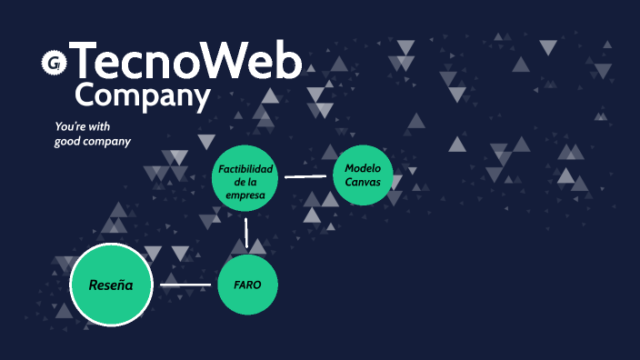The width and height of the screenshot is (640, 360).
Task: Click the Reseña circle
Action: point(111,285)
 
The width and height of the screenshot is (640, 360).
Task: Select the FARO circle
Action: point(247,285)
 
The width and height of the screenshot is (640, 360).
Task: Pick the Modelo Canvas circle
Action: point(363,175)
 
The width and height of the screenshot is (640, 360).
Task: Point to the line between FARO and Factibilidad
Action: point(246,233)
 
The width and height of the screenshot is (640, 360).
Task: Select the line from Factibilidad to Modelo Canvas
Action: point(305,176)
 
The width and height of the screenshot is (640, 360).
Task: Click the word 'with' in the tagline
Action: point(99,126)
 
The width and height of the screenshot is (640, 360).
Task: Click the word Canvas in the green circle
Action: point(362,182)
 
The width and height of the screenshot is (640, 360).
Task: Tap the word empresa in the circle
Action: point(245,195)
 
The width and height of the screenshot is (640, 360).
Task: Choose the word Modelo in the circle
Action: point(363,168)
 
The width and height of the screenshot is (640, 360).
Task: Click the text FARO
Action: point(247,285)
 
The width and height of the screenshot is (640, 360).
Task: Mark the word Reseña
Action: point(111,285)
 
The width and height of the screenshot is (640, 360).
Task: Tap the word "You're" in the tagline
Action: point(70,126)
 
